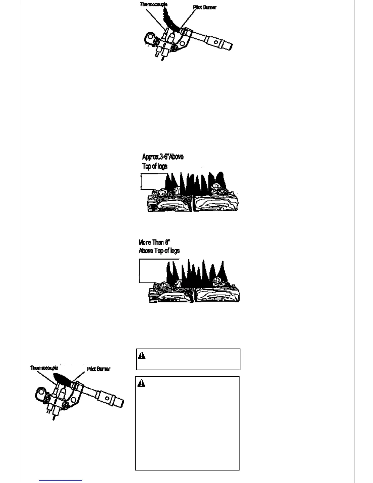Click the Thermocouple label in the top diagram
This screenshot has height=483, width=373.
pos(154,5)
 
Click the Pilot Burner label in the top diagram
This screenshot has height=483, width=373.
pos(204,7)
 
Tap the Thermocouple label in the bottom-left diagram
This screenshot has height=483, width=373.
pos(44,368)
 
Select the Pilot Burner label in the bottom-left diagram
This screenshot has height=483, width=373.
pos(98,369)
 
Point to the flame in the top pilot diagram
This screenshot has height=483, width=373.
pos(169,20)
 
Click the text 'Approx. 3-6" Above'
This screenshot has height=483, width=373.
pos(163,157)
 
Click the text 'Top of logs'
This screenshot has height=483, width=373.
pos(155,166)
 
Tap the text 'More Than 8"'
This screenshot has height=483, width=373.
pos(154,242)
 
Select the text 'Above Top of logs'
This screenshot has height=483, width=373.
pos(159,251)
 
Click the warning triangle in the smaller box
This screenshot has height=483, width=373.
pos(142,356)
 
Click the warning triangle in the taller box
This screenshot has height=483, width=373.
pos(141,383)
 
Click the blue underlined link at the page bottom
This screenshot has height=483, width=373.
pos(60,480)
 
